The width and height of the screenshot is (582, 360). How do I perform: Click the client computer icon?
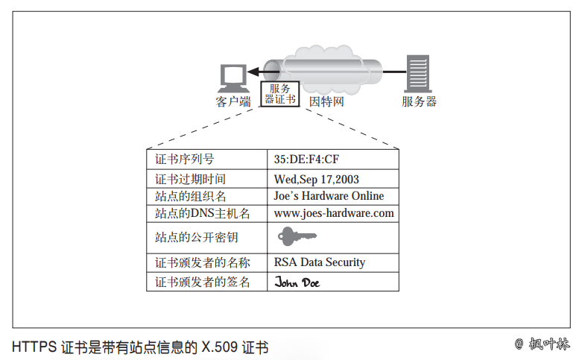point(233,78)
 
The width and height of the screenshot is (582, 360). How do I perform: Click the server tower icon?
point(418,74)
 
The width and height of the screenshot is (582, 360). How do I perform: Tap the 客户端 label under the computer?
point(233,102)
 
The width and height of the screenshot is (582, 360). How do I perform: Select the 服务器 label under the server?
point(419,102)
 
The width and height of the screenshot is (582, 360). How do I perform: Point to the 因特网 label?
point(326,102)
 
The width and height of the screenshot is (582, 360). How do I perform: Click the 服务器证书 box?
point(280,94)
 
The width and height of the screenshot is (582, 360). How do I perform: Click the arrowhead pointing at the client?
point(253,72)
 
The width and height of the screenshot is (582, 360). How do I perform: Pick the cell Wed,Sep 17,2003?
point(317,179)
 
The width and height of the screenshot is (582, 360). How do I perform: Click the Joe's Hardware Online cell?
point(329,196)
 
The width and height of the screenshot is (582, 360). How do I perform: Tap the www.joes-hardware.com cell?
point(334,213)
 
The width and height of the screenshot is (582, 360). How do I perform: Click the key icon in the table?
point(296,237)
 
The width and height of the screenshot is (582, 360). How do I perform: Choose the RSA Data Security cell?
point(320,262)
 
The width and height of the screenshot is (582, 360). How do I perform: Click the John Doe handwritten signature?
point(297,282)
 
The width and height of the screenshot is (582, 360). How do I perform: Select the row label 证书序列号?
point(184,159)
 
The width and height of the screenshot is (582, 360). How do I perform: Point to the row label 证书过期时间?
point(190,179)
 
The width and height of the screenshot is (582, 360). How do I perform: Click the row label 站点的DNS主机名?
point(202,214)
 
